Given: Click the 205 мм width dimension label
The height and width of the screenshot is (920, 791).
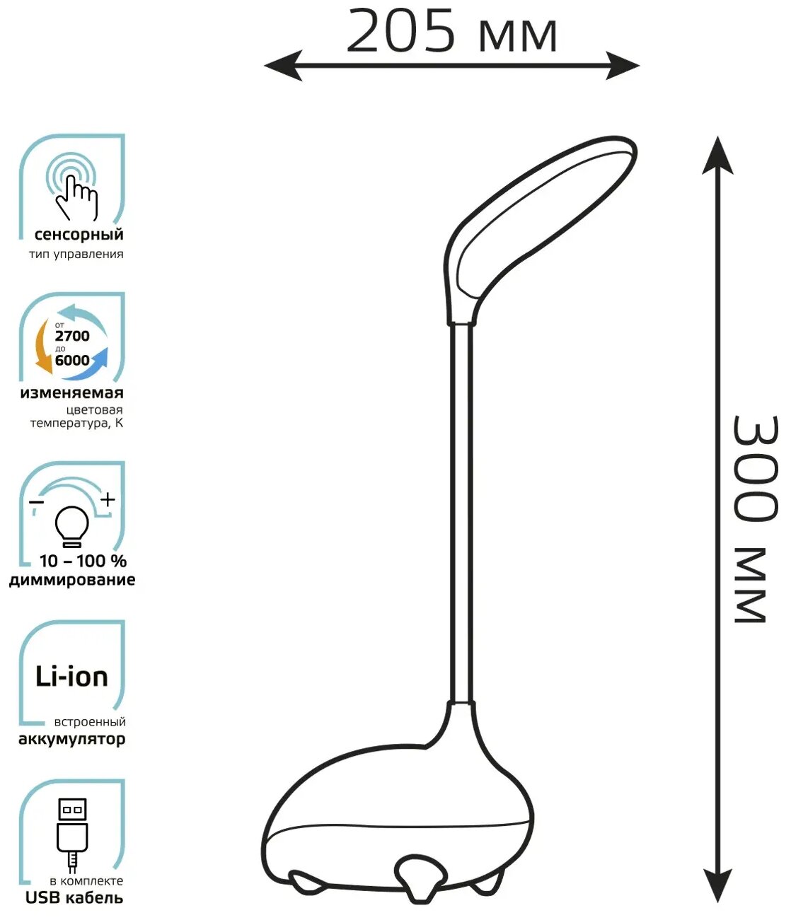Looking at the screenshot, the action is point(451,32).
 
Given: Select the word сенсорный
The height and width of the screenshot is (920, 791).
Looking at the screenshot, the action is point(79,235).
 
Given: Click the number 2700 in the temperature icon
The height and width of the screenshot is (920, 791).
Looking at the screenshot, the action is point(72,336).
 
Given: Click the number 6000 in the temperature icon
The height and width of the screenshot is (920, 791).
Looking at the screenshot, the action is point(72,360).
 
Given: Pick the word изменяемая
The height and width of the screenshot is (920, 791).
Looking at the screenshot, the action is point(71,393).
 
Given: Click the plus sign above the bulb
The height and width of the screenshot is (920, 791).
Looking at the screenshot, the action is point(108,500).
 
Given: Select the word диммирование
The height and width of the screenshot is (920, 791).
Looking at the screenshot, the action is point(72,581).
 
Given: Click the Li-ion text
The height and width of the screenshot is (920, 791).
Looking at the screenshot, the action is point(71,677).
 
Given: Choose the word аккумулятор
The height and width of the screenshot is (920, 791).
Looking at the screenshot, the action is point(71,740).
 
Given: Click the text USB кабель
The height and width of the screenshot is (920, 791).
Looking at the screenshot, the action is point(74,898).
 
